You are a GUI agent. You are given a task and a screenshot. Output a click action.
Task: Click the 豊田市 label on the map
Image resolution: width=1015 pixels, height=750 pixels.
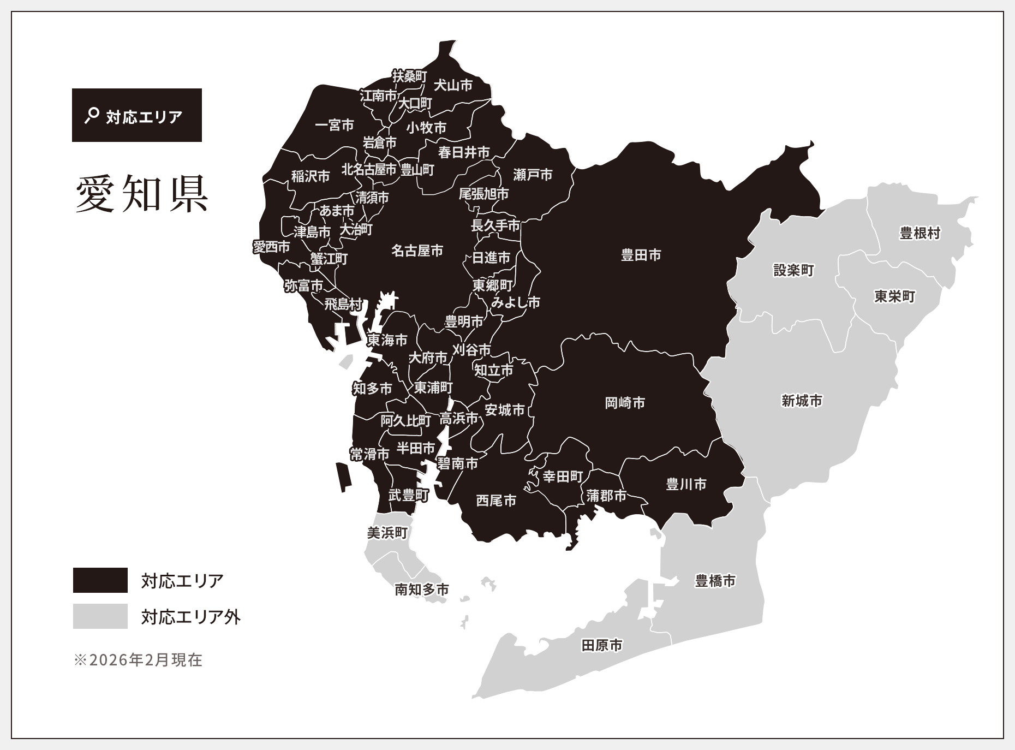[641, 255]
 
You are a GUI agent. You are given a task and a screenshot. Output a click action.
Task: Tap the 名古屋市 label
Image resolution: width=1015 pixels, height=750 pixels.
[417, 251]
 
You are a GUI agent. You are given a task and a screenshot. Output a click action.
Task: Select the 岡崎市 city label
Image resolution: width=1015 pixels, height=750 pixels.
[625, 403]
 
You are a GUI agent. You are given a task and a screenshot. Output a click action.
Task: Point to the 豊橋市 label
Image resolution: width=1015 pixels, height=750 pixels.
[715, 581]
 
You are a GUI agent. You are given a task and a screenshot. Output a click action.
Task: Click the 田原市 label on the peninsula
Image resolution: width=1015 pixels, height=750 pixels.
[602, 645]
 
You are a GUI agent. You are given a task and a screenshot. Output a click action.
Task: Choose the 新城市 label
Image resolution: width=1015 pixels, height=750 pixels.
[802, 401]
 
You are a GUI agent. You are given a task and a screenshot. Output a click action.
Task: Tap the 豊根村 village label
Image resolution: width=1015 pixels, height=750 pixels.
[920, 233]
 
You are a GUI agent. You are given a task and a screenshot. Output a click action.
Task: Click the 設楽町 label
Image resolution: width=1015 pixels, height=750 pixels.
[793, 270]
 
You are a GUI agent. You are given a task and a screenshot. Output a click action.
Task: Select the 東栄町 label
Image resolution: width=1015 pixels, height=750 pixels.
[894, 296]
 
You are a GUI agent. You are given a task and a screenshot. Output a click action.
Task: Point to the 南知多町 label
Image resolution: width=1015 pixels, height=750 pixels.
[422, 589]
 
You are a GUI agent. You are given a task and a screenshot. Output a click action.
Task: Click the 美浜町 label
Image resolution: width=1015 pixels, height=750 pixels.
[387, 532]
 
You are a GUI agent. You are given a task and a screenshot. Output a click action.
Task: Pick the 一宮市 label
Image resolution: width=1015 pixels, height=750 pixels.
[335, 125]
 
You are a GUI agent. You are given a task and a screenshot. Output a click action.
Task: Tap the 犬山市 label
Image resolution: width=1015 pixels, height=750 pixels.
[453, 85]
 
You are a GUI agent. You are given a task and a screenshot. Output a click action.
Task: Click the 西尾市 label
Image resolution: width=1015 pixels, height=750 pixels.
[496, 500]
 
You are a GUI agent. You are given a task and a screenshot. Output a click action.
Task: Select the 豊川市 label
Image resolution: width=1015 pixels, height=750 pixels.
[686, 484]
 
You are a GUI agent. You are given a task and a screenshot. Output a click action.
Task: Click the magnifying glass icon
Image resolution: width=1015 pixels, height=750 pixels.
[92, 115]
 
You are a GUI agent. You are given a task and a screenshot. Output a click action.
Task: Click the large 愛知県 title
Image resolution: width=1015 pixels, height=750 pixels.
[142, 194]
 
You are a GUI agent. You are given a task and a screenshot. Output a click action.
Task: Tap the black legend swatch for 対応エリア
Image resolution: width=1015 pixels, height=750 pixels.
[100, 580]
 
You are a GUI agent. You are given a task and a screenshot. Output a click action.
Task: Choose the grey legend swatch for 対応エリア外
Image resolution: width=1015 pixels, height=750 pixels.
[100, 616]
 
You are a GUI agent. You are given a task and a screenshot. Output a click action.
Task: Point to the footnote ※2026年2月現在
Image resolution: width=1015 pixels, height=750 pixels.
[138, 660]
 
